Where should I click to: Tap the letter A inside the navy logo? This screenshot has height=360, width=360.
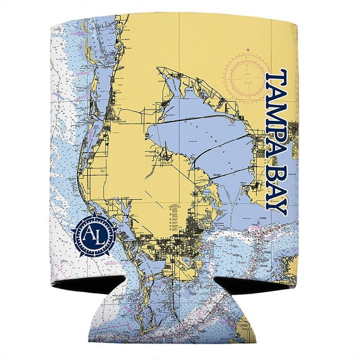[x=90, y=234]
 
